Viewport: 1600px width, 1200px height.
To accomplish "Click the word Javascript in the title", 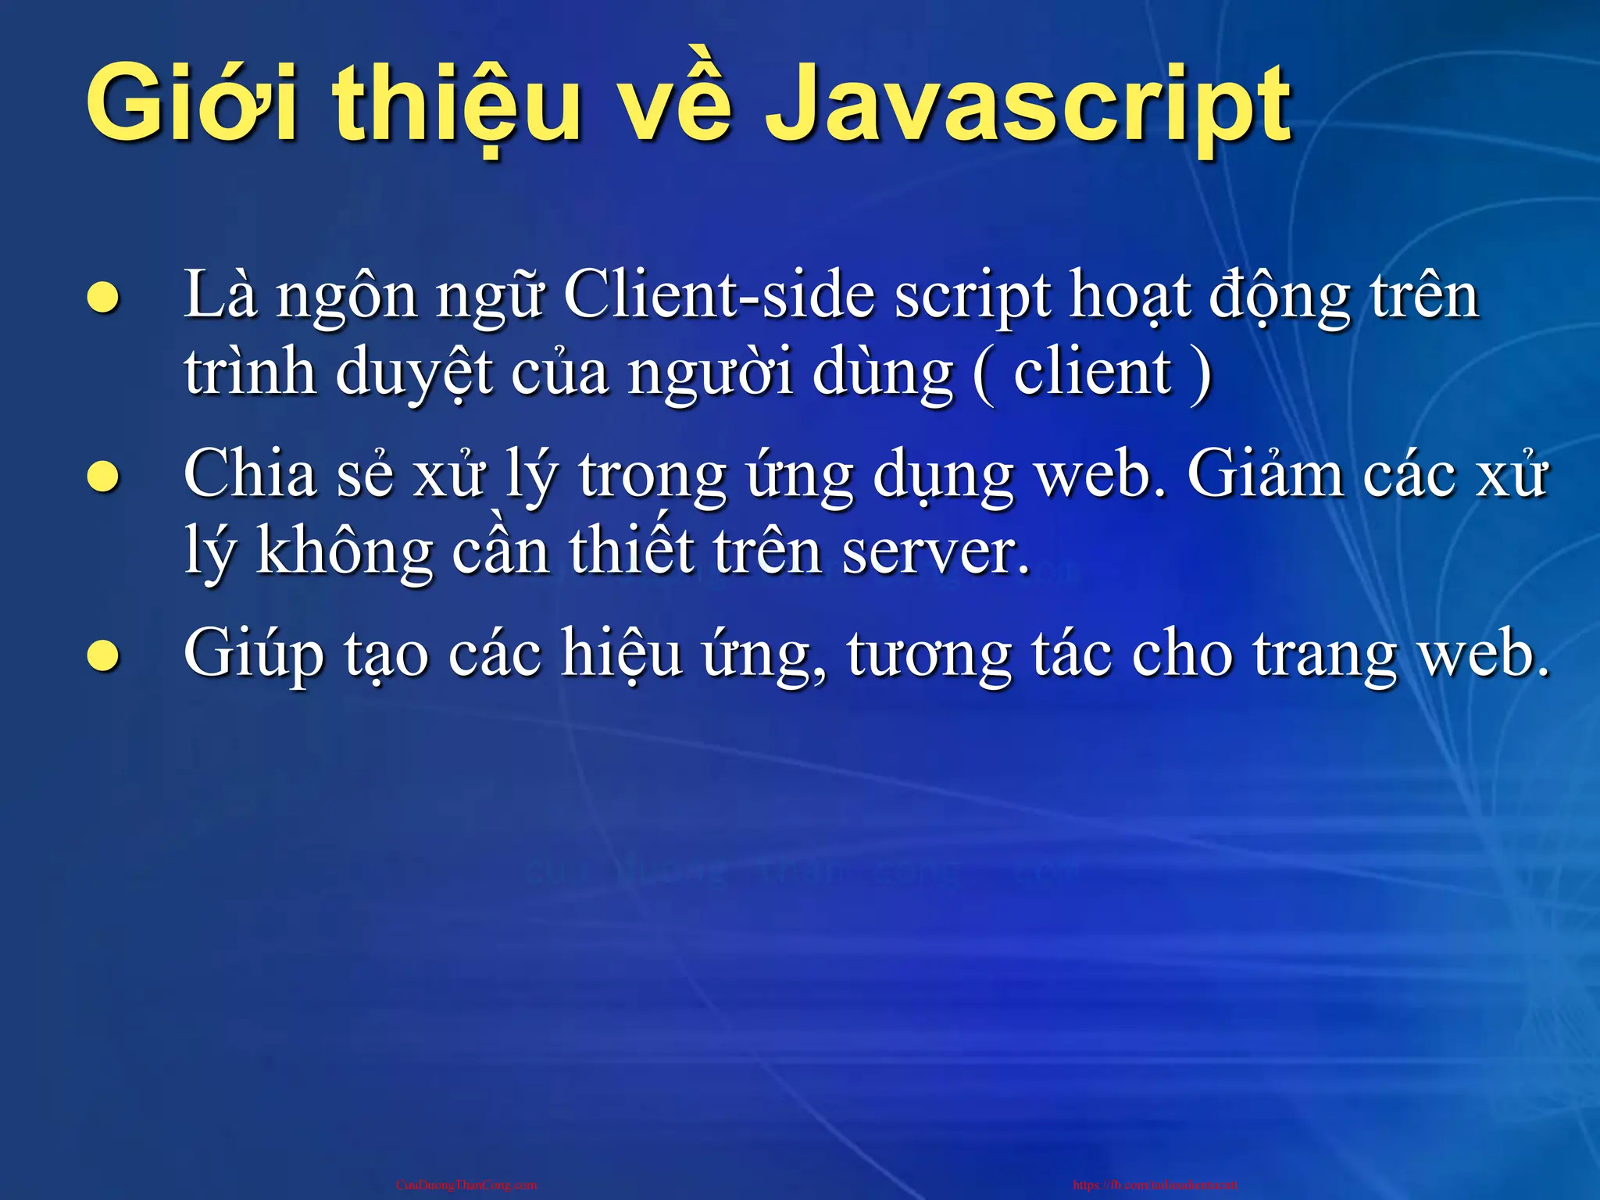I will pos(1027,105).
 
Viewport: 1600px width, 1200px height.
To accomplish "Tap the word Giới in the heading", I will pos(191,105).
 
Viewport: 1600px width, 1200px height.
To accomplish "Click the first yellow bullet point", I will pos(102,298).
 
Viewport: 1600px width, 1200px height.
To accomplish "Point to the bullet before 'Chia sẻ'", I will pos(102,477).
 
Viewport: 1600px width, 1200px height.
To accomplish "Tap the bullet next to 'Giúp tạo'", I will pos(102,655).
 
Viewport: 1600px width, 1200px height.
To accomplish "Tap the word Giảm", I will pos(1266,474).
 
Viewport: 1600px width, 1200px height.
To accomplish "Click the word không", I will pos(345,551).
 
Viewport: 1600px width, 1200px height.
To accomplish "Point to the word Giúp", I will pos(253,655).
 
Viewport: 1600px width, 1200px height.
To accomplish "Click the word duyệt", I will pos(415,373).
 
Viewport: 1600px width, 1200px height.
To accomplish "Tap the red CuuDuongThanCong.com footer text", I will pos(466,1185).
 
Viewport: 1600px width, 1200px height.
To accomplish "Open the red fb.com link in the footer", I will pos(1155,1185).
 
